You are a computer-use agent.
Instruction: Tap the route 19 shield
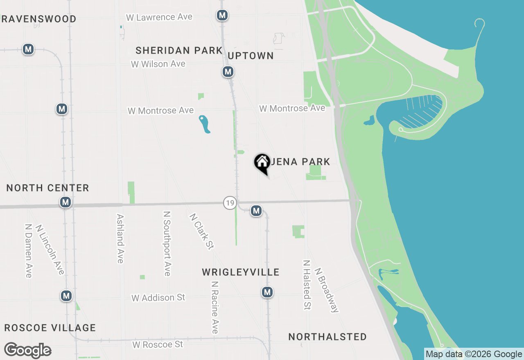tap(230, 202)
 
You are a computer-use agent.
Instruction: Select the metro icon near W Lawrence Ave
tap(222, 16)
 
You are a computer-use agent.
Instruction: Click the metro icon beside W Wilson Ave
tap(228, 72)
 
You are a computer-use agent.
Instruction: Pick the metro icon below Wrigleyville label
tap(267, 292)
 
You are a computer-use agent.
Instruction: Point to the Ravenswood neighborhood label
tap(38, 19)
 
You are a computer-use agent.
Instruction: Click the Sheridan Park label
tap(179, 50)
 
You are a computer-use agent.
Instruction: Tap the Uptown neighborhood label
tap(251, 56)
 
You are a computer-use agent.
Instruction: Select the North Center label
tap(48, 188)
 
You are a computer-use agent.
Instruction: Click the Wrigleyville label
tap(241, 272)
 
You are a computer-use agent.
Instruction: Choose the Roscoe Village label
tap(50, 328)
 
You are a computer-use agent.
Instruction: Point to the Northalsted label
tap(327, 337)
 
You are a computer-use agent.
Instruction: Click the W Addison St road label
tap(158, 298)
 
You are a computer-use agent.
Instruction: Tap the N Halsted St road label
tap(307, 285)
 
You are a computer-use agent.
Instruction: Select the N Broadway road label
tap(327, 290)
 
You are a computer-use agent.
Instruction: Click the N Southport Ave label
tap(167, 244)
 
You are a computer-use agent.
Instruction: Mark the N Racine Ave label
tap(215, 307)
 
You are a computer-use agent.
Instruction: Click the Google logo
tap(27, 351)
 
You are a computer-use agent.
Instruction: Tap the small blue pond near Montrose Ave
tap(204, 124)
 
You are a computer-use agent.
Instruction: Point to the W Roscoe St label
tap(158, 344)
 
